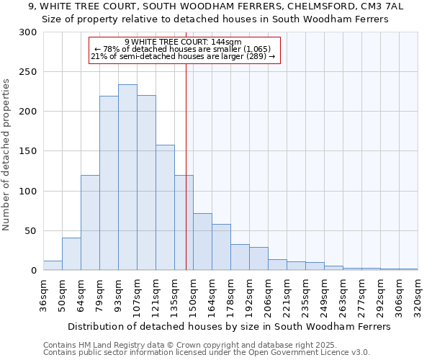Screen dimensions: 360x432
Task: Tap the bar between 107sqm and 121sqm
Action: coord(146,183)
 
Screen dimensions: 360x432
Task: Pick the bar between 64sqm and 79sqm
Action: coord(90,223)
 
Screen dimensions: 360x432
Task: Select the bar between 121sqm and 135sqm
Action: coord(165,208)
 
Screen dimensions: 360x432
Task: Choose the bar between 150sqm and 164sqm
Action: coord(202,242)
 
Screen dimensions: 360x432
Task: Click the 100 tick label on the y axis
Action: coord(29,192)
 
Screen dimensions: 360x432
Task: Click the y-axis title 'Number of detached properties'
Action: coord(7,154)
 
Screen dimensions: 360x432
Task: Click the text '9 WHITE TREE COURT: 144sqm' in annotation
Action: coord(183,42)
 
